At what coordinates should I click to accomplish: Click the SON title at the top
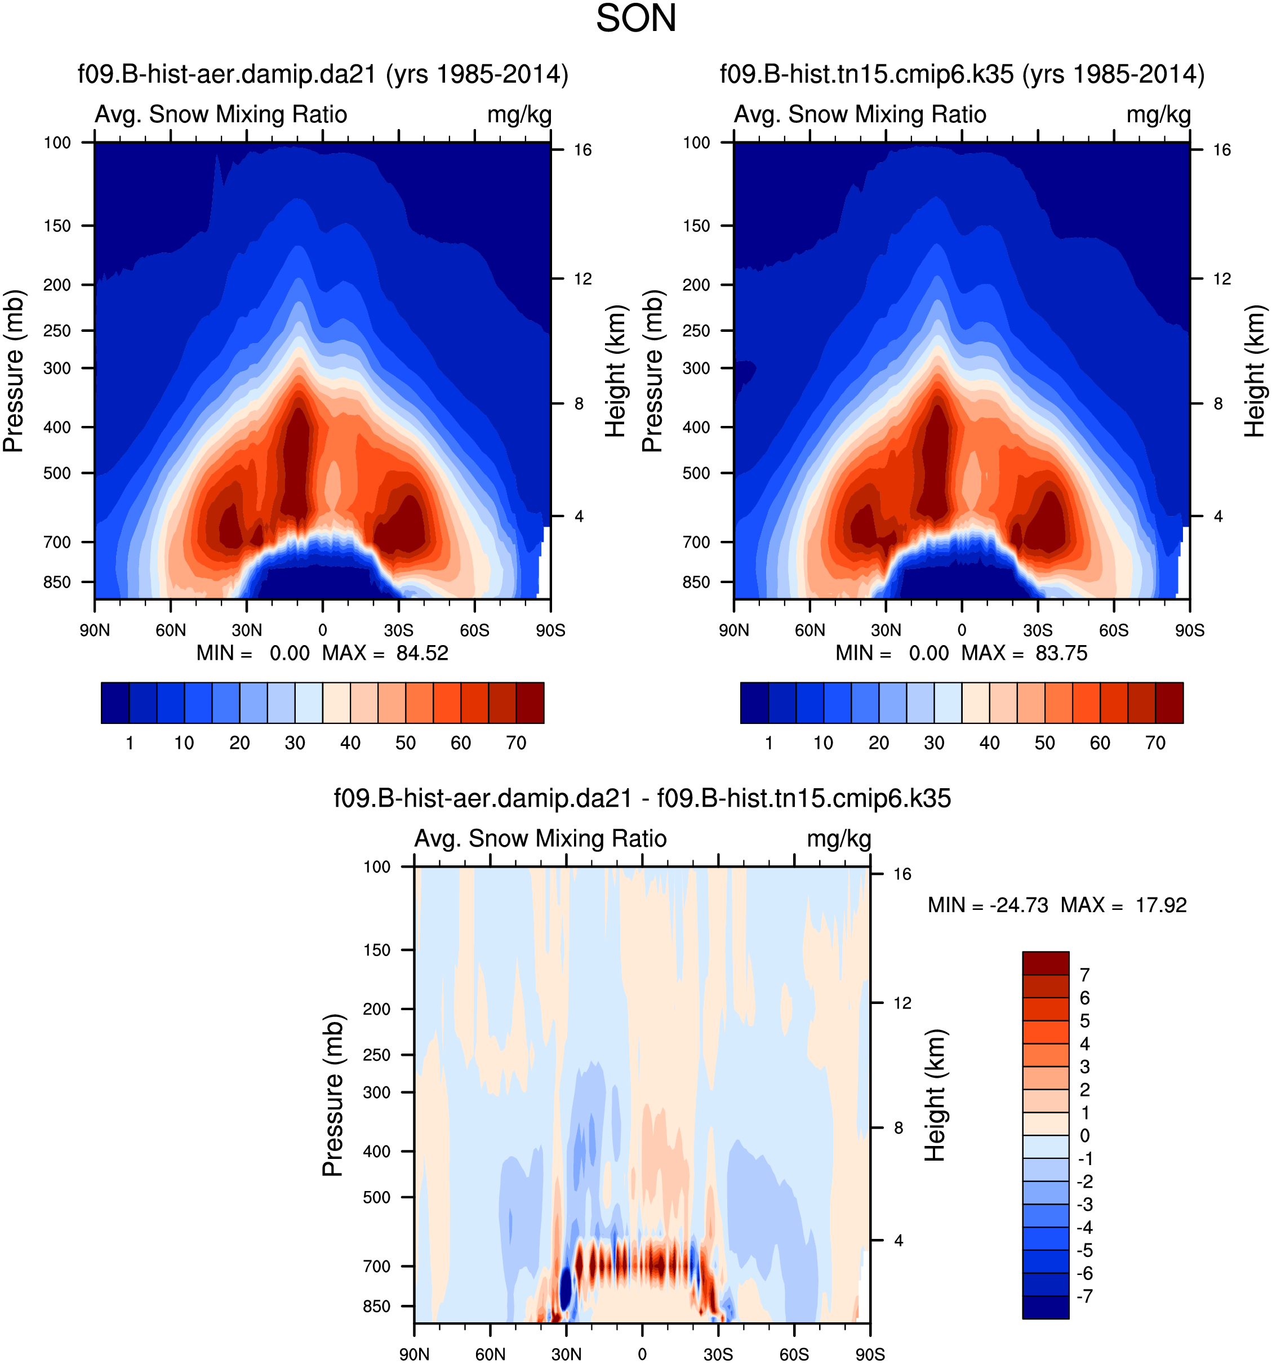click(635, 19)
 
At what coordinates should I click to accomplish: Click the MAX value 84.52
click(422, 652)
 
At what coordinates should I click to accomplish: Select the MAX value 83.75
click(1061, 652)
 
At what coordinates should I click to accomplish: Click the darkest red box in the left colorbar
click(530, 702)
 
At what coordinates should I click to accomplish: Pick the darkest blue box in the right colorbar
click(754, 702)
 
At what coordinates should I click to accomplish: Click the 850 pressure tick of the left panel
click(57, 582)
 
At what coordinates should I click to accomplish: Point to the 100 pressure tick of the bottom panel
click(377, 867)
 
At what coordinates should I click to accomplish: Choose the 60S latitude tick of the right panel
click(1114, 630)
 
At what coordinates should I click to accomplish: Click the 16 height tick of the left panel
click(582, 150)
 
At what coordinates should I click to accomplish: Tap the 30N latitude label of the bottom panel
click(566, 1354)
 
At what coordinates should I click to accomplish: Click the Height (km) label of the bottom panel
click(936, 1095)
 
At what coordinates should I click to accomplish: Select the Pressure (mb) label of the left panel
click(14, 371)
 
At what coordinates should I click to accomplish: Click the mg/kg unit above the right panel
click(1158, 114)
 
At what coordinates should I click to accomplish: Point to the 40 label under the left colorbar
click(350, 743)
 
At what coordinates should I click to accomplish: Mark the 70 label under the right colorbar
click(1155, 743)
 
